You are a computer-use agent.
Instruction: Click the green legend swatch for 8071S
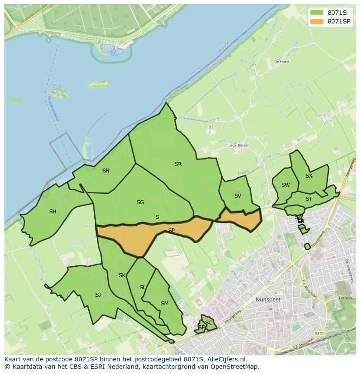pos(317,13)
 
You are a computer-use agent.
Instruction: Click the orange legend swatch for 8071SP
pos(317,21)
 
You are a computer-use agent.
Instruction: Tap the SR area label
pos(178,164)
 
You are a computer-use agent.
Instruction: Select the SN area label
pos(106,171)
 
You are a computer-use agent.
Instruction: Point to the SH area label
pos(53,212)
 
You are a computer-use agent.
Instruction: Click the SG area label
pos(140,202)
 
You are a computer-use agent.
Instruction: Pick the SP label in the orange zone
pos(171,231)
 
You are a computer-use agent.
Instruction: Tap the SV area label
pos(237,196)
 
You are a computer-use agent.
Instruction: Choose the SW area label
pos(285,185)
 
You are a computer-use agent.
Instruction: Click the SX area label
pos(309,176)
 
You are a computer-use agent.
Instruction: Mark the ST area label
pos(309,199)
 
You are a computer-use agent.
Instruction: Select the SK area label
pos(122,275)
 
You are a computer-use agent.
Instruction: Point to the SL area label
pos(143,288)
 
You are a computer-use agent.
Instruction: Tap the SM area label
pos(164,304)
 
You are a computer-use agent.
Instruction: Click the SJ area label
pos(98,295)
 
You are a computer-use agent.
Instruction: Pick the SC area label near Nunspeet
pos(209,323)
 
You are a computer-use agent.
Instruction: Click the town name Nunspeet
pos(268,300)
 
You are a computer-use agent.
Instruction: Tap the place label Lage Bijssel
pos(238,146)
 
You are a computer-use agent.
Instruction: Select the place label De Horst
pos(282,62)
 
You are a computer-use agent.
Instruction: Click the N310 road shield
pos(319,334)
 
